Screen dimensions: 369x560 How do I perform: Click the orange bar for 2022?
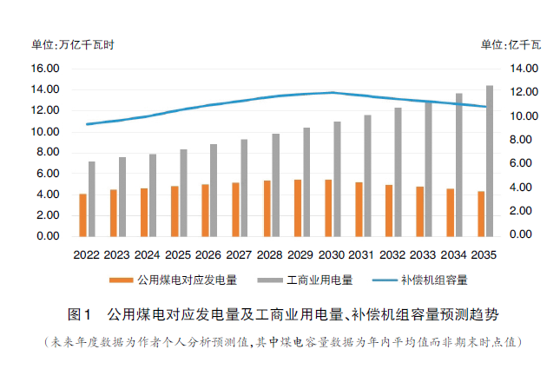[x=82, y=214]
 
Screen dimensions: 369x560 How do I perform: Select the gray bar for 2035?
[x=490, y=161]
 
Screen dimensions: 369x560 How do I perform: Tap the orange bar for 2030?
[x=327, y=208]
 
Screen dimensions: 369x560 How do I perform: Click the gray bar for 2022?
[x=91, y=199]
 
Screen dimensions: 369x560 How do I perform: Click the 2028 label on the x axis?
[x=271, y=255]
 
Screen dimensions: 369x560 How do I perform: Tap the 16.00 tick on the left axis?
[x=44, y=69]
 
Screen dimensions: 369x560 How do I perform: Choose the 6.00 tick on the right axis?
[x=524, y=163]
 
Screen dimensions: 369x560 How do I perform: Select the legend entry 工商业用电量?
[x=320, y=280]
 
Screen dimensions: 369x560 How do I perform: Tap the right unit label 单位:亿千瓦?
[x=511, y=43]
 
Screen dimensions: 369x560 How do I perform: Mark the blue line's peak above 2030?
[x=332, y=92]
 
